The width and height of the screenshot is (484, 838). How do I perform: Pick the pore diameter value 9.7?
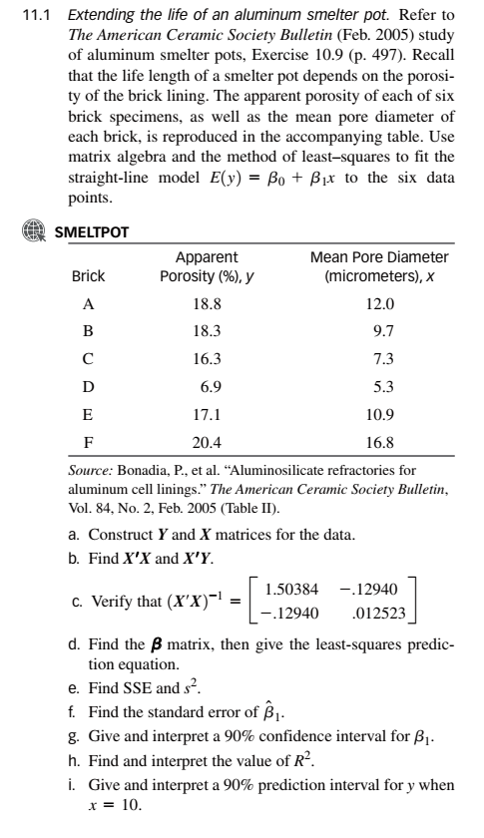[383, 327]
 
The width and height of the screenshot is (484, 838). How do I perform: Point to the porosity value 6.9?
[210, 384]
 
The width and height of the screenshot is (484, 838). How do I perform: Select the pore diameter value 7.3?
[383, 356]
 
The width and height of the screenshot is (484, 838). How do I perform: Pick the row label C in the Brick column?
[87, 356]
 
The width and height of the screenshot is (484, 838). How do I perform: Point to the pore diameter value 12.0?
[383, 303]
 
